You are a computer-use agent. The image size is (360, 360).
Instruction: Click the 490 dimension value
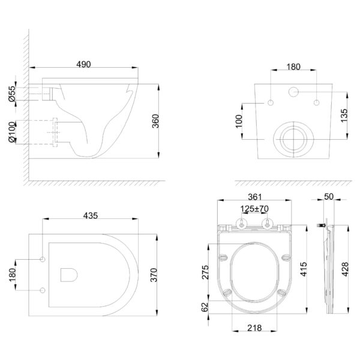[x=83, y=64]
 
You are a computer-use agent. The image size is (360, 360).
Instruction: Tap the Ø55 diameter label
[x=12, y=94]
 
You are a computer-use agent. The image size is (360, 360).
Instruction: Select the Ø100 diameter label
[x=12, y=133]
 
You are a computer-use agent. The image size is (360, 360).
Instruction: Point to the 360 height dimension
[x=155, y=121]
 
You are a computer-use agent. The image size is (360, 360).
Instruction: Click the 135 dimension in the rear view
[x=344, y=115]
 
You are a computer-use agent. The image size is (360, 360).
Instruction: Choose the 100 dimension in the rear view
[x=239, y=121]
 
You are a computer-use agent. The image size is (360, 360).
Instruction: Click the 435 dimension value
[x=91, y=215]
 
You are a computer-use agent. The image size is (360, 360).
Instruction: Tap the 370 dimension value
[x=154, y=275]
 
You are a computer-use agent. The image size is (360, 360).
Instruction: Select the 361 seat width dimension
[x=255, y=197]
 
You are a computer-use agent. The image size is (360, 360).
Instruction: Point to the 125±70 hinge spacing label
[x=254, y=209]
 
